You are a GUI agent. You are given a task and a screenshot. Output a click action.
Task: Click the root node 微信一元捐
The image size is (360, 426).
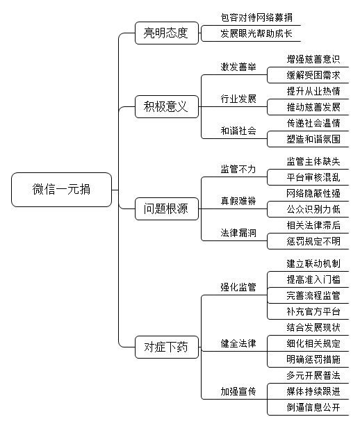click(61, 190)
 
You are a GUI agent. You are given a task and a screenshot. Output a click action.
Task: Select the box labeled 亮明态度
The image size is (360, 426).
click(167, 33)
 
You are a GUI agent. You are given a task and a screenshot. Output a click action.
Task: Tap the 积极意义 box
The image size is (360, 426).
click(167, 106)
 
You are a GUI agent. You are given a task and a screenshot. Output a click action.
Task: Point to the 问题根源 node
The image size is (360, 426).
click(167, 208)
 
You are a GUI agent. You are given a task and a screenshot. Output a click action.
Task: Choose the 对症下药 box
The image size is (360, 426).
click(167, 347)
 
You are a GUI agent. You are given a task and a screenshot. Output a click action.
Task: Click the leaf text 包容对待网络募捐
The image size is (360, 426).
click(256, 17)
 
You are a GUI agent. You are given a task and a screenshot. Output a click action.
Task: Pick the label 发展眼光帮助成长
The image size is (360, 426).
click(256, 33)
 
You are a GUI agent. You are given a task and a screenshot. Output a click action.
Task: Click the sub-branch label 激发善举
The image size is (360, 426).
click(238, 67)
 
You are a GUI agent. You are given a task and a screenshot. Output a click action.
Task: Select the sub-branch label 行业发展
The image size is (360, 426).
click(238, 99)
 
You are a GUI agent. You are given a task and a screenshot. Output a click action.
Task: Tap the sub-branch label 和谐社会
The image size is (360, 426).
click(238, 131)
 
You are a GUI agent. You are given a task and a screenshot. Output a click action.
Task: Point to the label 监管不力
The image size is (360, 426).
click(238, 169)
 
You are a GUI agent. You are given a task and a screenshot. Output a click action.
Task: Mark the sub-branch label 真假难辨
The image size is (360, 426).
click(238, 201)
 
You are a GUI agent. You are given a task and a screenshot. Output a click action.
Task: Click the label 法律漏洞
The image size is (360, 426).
click(238, 233)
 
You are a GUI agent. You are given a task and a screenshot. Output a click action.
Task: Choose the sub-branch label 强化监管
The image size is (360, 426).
click(238, 287)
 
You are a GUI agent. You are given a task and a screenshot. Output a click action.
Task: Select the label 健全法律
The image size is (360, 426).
click(238, 343)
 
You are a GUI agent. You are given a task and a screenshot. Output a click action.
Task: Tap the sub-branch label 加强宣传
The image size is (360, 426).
click(238, 391)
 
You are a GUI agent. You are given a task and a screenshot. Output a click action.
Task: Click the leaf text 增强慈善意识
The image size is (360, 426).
click(313, 59)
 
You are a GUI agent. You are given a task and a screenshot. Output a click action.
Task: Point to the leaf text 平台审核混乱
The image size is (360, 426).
click(313, 177)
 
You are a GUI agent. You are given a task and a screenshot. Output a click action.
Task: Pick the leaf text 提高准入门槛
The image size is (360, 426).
click(313, 279)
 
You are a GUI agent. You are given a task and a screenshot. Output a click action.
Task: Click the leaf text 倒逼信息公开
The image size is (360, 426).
click(313, 407)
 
